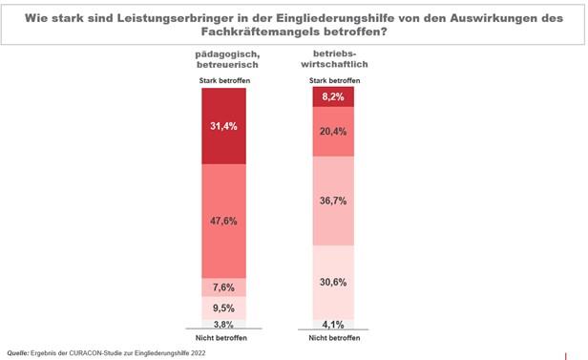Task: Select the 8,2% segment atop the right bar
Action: [x=333, y=95]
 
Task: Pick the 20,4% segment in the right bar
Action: [x=333, y=131]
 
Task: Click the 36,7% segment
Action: [x=333, y=201]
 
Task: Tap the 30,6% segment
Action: [x=333, y=282]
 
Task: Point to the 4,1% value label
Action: [x=333, y=324]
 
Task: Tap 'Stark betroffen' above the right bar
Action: [x=333, y=81]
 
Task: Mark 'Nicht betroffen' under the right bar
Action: [x=333, y=338]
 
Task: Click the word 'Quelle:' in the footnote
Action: [x=19, y=352]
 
